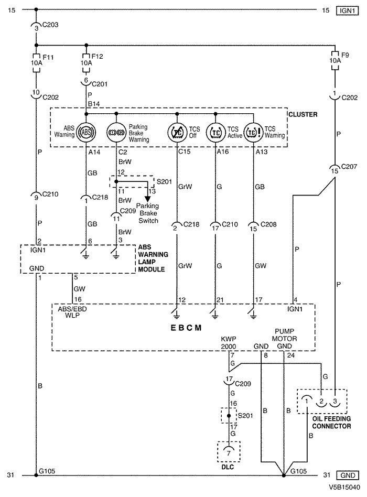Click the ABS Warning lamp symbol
tap(86, 132)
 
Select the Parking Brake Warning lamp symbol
tap(116, 132)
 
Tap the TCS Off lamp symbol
tap(177, 132)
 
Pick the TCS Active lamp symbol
tap(215, 132)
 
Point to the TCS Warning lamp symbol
tap(254, 132)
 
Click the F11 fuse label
tap(48, 57)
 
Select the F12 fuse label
tap(98, 57)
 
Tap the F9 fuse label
tap(345, 55)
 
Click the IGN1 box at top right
tap(348, 11)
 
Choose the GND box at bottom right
tap(348, 476)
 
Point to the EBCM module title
tap(186, 328)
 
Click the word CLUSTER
tap(303, 114)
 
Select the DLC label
tap(228, 467)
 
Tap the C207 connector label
tap(349, 166)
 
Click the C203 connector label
tap(50, 25)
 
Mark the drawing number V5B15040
tap(344, 487)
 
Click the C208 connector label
tap(268, 224)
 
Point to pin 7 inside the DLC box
tap(229, 453)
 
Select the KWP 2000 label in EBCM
tap(229, 343)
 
